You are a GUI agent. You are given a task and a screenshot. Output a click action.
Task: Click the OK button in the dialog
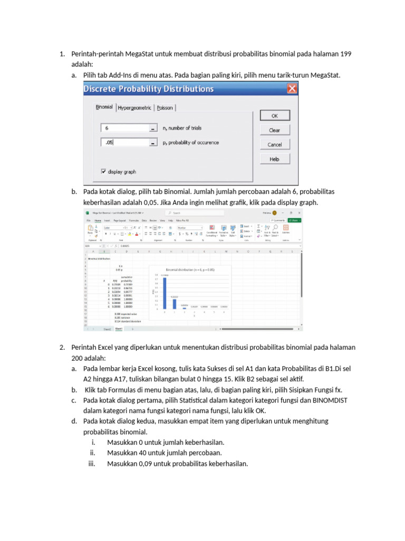point(274,116)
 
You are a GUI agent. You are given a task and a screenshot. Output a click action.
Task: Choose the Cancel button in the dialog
point(274,144)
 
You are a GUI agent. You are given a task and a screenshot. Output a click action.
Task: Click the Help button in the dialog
point(274,158)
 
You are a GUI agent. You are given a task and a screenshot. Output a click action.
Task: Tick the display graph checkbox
point(103,171)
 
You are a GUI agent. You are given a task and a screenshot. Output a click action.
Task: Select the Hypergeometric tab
point(134,107)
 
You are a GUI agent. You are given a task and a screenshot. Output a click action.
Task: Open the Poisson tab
point(165,107)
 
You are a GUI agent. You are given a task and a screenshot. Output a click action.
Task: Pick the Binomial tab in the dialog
point(104,107)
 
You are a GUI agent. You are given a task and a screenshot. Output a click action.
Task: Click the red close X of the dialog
point(291,89)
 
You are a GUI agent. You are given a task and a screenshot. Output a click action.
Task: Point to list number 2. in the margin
point(62,347)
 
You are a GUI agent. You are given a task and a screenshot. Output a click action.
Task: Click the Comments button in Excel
point(278,220)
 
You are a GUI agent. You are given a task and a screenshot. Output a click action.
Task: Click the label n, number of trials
point(182,128)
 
